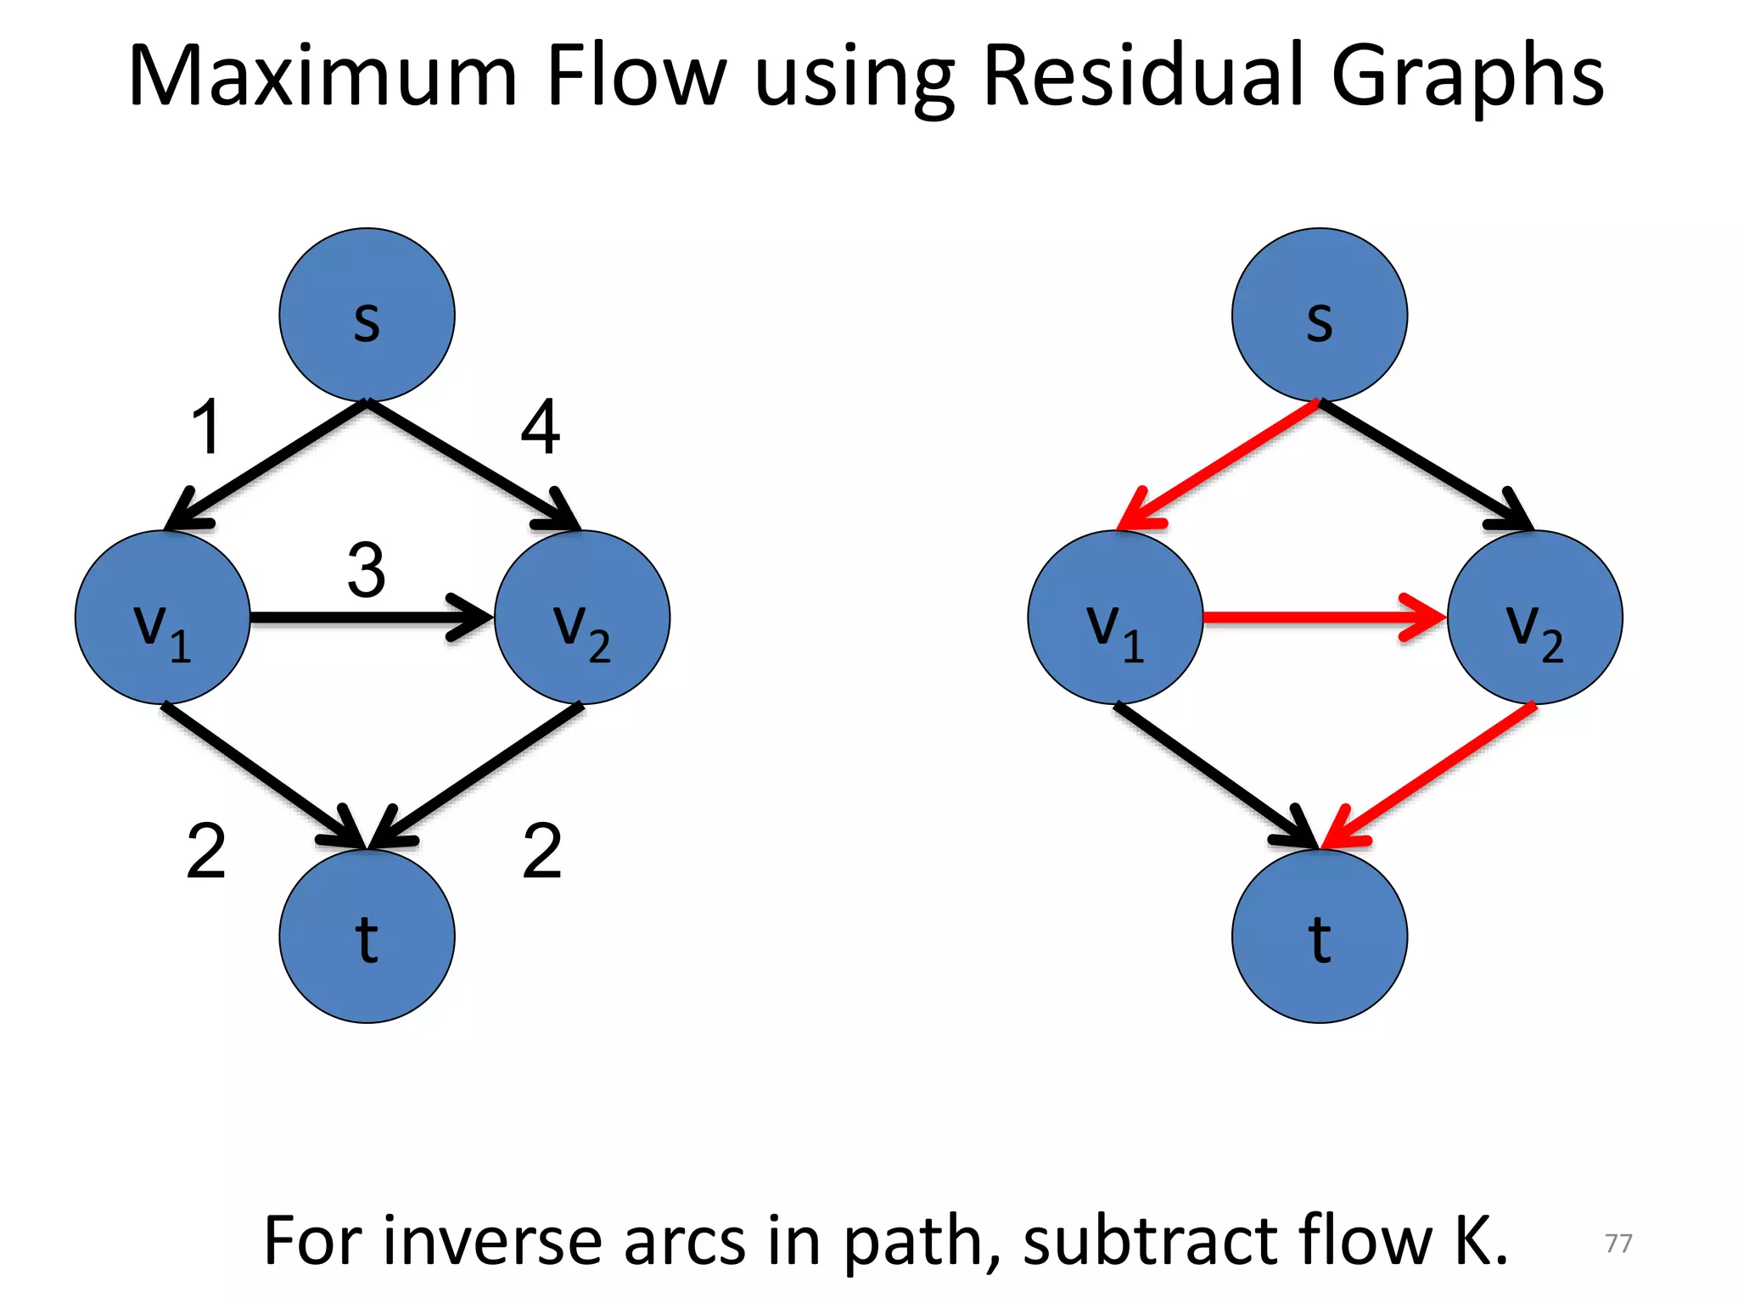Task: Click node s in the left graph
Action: coord(367,315)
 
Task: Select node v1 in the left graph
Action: coord(163,617)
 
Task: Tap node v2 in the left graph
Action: coord(582,617)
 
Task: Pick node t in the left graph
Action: coord(367,936)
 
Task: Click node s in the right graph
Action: coord(1320,315)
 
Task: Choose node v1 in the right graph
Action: coord(1115,617)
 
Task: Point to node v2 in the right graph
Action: coord(1535,617)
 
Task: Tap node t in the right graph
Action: coord(1320,936)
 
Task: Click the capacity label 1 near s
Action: coord(206,427)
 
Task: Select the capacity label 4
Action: coord(541,427)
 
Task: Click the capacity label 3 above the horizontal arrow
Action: coord(367,571)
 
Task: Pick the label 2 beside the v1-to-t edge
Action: coord(206,851)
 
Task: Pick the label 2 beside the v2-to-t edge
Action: coord(542,851)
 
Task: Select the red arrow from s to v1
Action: coord(1222,462)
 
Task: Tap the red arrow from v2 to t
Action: coord(1434,772)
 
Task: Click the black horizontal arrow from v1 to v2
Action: coord(356,617)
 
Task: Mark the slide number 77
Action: coord(1618,1243)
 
